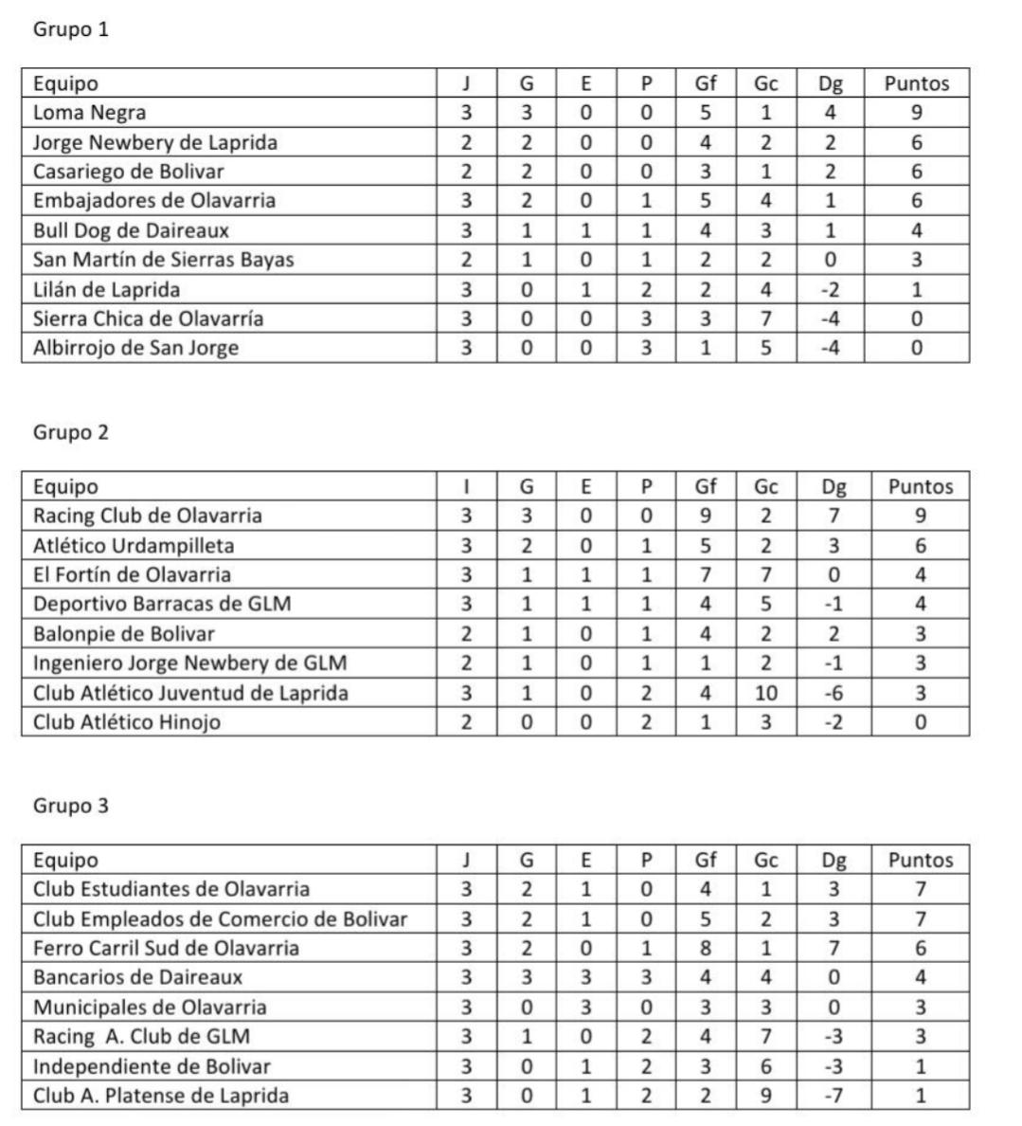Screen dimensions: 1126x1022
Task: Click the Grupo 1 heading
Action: (x=71, y=29)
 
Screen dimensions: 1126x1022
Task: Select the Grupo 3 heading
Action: (x=71, y=806)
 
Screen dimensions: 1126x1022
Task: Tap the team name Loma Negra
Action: (x=90, y=113)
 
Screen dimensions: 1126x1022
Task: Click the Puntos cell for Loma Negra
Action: (x=916, y=113)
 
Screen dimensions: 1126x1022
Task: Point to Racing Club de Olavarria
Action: (x=148, y=516)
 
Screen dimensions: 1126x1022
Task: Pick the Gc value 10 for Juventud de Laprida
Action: (x=766, y=693)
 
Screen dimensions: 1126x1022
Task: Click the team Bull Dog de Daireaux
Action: (x=131, y=230)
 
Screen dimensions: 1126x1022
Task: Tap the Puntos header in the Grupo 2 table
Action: (x=920, y=487)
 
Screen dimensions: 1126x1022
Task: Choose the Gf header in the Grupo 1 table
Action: (x=706, y=83)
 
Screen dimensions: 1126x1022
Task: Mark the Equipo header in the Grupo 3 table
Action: (x=65, y=861)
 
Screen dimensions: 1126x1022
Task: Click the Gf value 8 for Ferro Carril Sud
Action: (x=706, y=948)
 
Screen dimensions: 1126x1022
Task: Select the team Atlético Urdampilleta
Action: (x=134, y=546)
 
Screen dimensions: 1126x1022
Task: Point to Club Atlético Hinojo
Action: (x=127, y=722)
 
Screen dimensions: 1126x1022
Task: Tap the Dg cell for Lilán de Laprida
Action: (x=830, y=290)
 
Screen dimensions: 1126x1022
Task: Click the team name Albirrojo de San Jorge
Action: (x=135, y=348)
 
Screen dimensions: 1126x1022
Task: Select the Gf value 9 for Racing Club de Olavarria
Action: (x=706, y=516)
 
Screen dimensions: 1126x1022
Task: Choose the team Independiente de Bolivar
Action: (x=152, y=1066)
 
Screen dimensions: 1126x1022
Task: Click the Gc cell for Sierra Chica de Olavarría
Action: (x=766, y=318)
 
